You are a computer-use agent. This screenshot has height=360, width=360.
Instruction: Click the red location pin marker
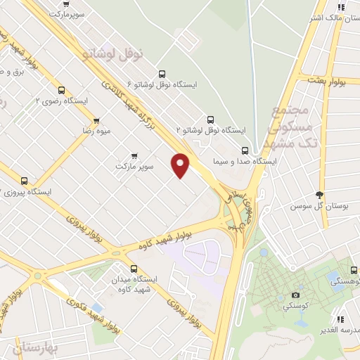181,165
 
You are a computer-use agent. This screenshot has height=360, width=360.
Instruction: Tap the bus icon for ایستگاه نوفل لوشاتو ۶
162,74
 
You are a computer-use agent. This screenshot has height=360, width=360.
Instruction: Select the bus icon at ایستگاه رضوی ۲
62,90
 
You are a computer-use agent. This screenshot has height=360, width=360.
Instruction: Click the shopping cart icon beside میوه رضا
96,120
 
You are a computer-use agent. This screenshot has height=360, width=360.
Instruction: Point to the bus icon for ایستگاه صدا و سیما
245,150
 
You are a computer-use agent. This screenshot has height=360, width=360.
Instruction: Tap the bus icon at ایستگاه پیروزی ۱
25,181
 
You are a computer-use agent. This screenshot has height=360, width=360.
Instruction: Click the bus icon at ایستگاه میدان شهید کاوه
134,268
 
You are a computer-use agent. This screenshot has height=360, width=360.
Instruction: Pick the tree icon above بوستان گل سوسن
321,195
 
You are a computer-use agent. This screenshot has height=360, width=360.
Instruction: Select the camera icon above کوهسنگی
295,295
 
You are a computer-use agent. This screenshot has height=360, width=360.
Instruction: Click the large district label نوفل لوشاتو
112,52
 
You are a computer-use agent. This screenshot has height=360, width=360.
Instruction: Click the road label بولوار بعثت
333,83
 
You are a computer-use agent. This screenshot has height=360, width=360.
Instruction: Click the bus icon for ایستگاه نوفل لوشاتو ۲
209,119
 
